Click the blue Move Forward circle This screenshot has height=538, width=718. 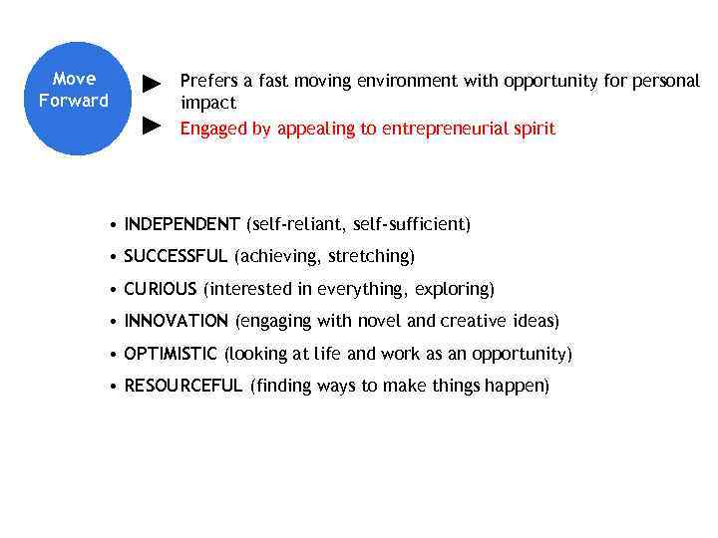coord(74,98)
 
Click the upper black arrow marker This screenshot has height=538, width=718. coord(152,82)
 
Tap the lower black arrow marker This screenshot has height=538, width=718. coord(152,126)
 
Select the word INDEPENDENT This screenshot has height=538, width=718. coord(181,224)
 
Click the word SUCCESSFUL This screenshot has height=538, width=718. coord(176,256)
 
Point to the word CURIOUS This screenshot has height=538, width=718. coord(161,289)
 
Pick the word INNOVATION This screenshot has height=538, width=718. coord(177,321)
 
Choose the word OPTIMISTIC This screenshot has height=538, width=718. coord(171,354)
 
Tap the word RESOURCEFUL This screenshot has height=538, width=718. coord(183,386)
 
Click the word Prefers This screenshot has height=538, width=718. coord(207,81)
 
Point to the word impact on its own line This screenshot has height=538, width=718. coord(207,103)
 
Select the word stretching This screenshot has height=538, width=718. coord(374,256)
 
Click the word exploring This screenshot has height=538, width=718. coord(454,289)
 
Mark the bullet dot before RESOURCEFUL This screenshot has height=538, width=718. coord(117,387)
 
